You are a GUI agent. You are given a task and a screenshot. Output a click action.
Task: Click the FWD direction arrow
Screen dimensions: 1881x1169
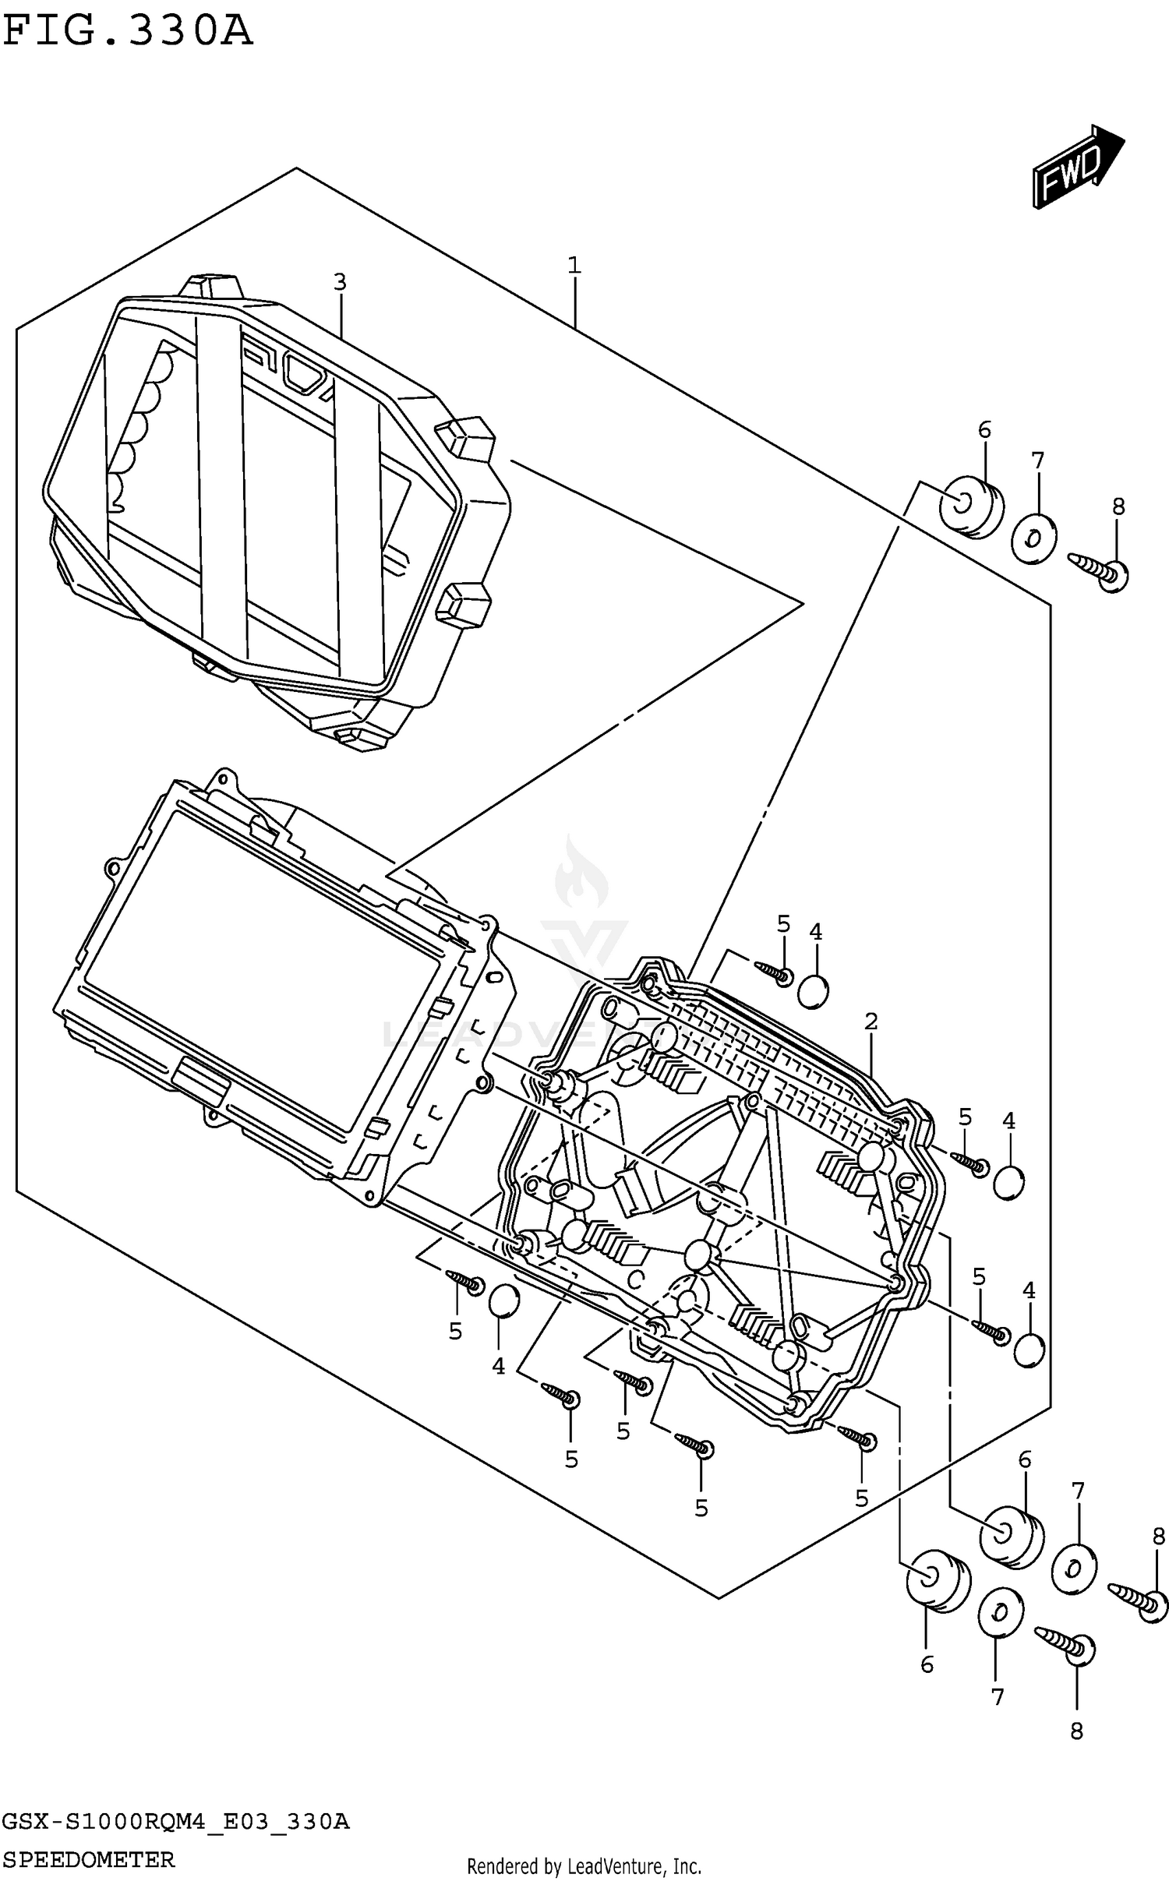coord(1078,167)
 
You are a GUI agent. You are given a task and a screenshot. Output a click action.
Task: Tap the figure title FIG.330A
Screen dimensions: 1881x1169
coord(128,31)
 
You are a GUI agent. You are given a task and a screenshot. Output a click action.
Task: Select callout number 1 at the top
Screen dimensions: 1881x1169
coord(574,266)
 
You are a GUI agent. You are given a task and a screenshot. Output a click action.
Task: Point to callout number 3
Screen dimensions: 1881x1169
coord(339,282)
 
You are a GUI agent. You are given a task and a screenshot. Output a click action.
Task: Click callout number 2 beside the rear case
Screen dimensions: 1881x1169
coord(871,1021)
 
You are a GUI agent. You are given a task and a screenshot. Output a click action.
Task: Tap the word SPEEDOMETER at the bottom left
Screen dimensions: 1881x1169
coord(88,1859)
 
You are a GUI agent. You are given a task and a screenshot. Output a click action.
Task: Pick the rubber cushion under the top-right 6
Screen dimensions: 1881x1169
coord(970,507)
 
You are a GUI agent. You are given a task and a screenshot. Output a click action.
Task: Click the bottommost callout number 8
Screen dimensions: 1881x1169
coord(1076,1731)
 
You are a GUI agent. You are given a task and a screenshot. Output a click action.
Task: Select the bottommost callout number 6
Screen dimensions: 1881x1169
coord(927,1664)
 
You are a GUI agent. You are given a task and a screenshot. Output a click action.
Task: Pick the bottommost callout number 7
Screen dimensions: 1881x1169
coord(998,1697)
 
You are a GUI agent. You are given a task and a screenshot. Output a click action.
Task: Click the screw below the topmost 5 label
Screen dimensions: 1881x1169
coord(774,971)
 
